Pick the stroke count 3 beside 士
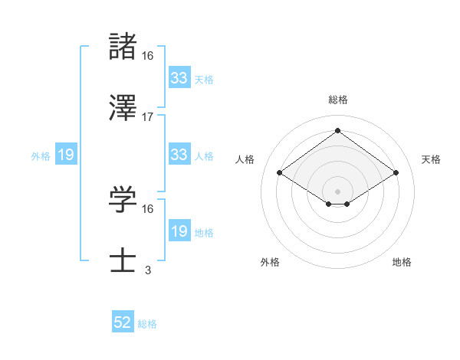point(148,270)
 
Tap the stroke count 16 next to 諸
point(148,55)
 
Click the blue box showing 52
point(123,323)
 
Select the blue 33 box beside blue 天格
point(179,77)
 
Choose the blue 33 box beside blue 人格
point(179,155)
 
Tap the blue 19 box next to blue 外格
point(66,155)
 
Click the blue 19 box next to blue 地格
point(179,231)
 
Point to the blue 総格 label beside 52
point(147,324)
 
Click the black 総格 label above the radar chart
point(337,100)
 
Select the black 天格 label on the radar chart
point(431,159)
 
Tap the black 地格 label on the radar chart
point(402,262)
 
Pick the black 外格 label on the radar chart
point(270,262)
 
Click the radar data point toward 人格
point(280,173)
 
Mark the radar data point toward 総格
point(337,130)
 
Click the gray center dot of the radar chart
point(337,191)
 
